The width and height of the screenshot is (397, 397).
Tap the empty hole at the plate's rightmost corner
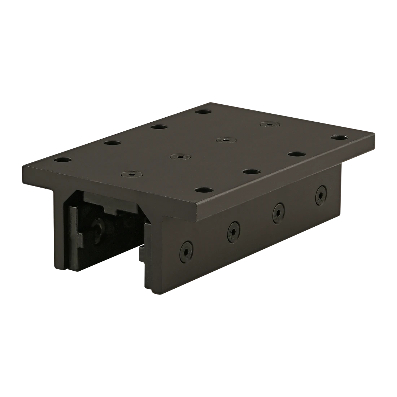click(x=339, y=138)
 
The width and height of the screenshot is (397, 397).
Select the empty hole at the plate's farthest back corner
click(x=203, y=112)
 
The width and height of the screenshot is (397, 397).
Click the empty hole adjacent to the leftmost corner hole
click(x=112, y=143)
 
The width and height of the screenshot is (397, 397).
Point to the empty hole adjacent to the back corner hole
click(x=158, y=127)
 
